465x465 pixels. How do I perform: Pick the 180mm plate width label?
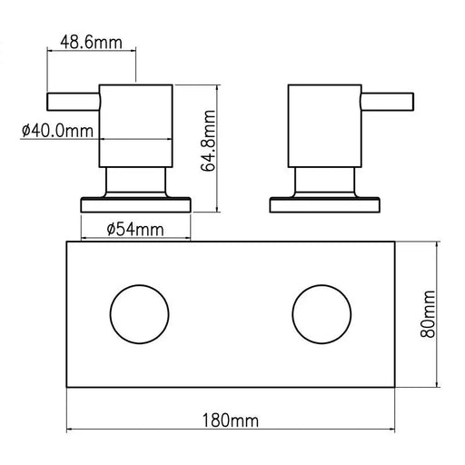(x=232, y=421)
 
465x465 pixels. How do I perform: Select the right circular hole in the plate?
(x=321, y=313)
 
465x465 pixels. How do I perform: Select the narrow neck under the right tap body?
(x=324, y=182)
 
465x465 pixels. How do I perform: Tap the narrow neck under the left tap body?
(x=136, y=182)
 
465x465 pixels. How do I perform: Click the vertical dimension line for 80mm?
(x=440, y=272)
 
